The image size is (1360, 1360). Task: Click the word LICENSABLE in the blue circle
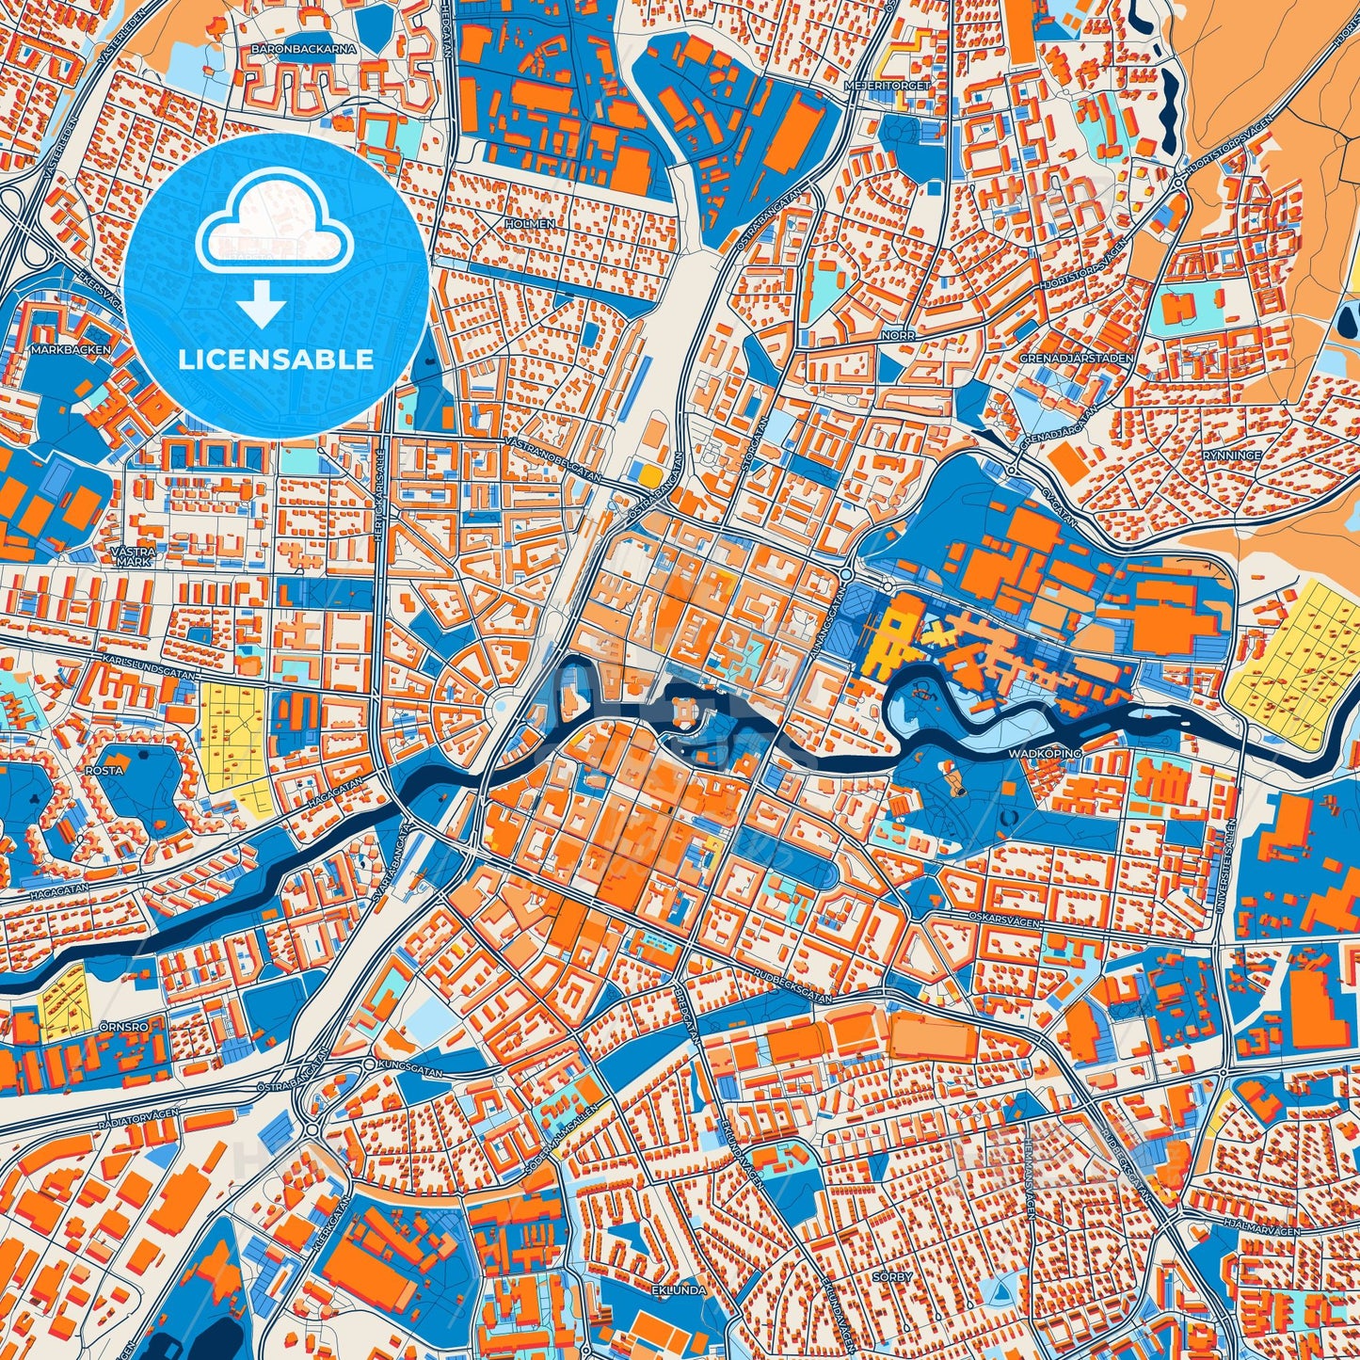click(x=276, y=360)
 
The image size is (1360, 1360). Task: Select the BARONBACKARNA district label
click(x=289, y=46)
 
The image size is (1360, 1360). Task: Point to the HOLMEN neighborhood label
click(x=530, y=224)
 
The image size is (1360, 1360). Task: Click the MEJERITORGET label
click(x=901, y=86)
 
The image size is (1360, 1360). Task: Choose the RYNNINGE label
click(x=1228, y=454)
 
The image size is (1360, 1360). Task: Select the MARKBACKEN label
click(x=71, y=349)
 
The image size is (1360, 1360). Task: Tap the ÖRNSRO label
click(x=122, y=1025)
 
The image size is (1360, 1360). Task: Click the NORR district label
click(x=898, y=334)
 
